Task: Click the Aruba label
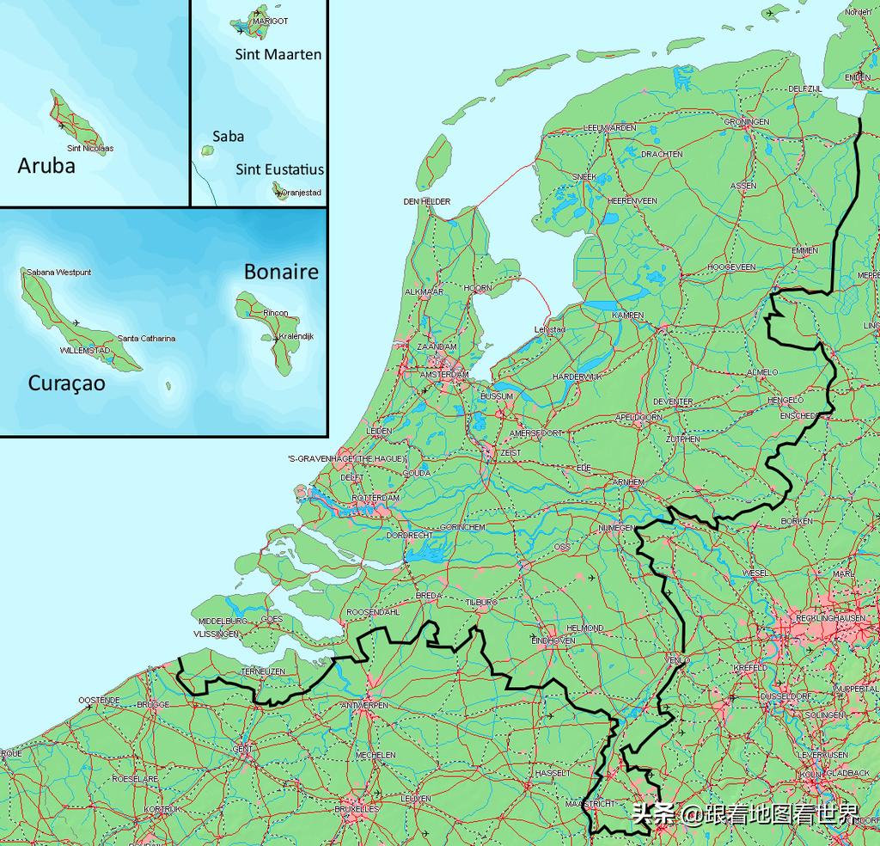tap(46, 165)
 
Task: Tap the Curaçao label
tap(67, 383)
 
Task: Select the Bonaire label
tap(281, 272)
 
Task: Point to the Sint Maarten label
tap(278, 54)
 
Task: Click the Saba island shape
tap(207, 150)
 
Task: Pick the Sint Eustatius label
tap(280, 169)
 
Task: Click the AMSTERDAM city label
tap(444, 376)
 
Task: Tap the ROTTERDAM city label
tap(376, 498)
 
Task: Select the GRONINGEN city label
tap(746, 122)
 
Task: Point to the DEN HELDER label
tap(426, 202)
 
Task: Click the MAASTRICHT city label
tap(591, 803)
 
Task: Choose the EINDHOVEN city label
tap(553, 641)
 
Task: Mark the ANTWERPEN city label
tap(364, 705)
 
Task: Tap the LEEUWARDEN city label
tap(609, 127)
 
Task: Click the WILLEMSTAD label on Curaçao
tap(84, 351)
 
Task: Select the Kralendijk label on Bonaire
tap(294, 336)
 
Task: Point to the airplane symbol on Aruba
tap(61, 126)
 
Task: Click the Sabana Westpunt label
tap(58, 273)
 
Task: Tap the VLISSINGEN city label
tap(216, 634)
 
